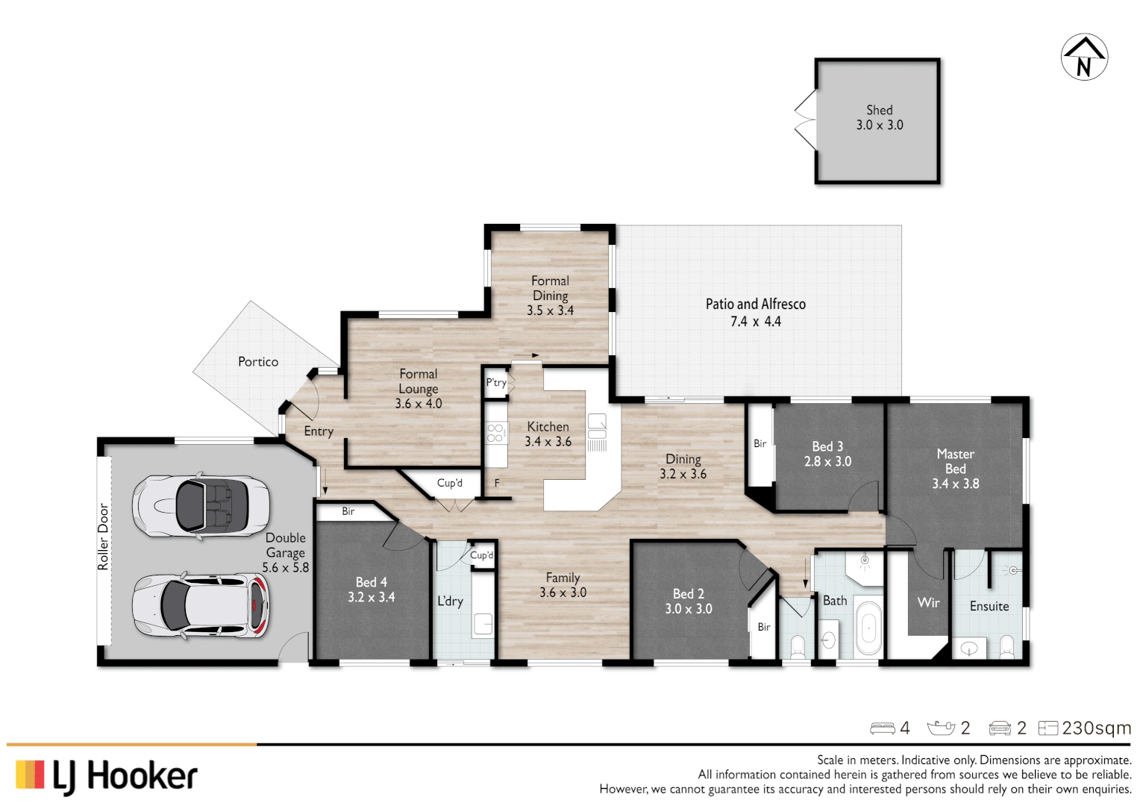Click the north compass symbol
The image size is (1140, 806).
pyautogui.click(x=1084, y=57)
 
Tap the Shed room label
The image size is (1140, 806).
pyautogui.click(x=879, y=110)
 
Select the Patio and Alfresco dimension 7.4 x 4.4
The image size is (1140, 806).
pyautogui.click(x=755, y=322)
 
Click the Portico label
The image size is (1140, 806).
pyautogui.click(x=258, y=362)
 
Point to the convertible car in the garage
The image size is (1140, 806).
pyautogui.click(x=201, y=506)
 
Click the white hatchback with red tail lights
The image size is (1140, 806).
pyautogui.click(x=201, y=605)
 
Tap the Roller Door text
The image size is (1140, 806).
pyautogui.click(x=104, y=537)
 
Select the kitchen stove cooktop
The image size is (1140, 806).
pyautogui.click(x=495, y=433)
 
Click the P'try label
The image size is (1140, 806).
pyautogui.click(x=495, y=382)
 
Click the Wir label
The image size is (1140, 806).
pyautogui.click(x=928, y=602)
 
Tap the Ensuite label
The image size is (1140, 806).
pyautogui.click(x=989, y=607)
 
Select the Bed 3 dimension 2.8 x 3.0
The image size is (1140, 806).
pyautogui.click(x=827, y=462)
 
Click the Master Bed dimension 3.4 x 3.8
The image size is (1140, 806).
pyautogui.click(x=955, y=484)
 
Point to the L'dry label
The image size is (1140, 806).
pyautogui.click(x=450, y=601)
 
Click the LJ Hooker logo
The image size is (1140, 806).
pyautogui.click(x=106, y=776)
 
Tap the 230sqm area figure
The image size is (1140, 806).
pyautogui.click(x=1096, y=728)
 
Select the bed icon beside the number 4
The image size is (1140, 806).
pyautogui.click(x=883, y=728)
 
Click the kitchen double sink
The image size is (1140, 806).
pyautogui.click(x=597, y=426)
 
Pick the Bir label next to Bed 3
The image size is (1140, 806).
pyautogui.click(x=760, y=443)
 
